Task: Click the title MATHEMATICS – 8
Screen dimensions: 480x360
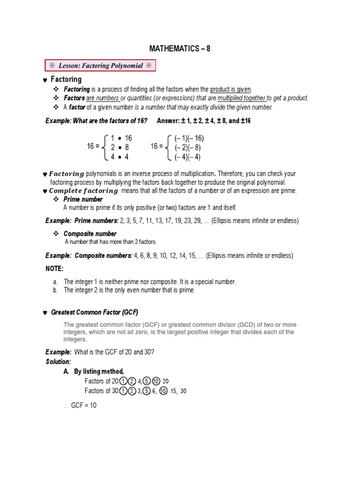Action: [180, 49]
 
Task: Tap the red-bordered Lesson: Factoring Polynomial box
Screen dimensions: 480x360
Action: [100, 66]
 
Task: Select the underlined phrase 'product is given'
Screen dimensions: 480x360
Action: [231, 89]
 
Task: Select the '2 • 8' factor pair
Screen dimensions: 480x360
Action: [120, 148]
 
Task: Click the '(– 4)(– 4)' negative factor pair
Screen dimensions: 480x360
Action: [187, 157]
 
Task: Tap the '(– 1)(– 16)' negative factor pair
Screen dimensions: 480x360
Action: [189, 138]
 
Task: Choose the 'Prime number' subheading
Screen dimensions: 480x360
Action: [83, 199]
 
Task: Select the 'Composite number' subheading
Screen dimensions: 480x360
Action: [90, 234]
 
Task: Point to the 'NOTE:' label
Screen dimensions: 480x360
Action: [54, 269]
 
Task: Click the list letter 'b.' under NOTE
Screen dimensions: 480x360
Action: [55, 290]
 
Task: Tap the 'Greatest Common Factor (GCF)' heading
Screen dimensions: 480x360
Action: [95, 313]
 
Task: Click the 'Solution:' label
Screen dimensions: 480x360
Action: [58, 362]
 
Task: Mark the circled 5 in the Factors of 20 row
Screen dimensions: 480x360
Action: [147, 381]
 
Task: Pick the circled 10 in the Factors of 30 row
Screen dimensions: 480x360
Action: [163, 391]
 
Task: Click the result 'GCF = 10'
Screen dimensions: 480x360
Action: [83, 405]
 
